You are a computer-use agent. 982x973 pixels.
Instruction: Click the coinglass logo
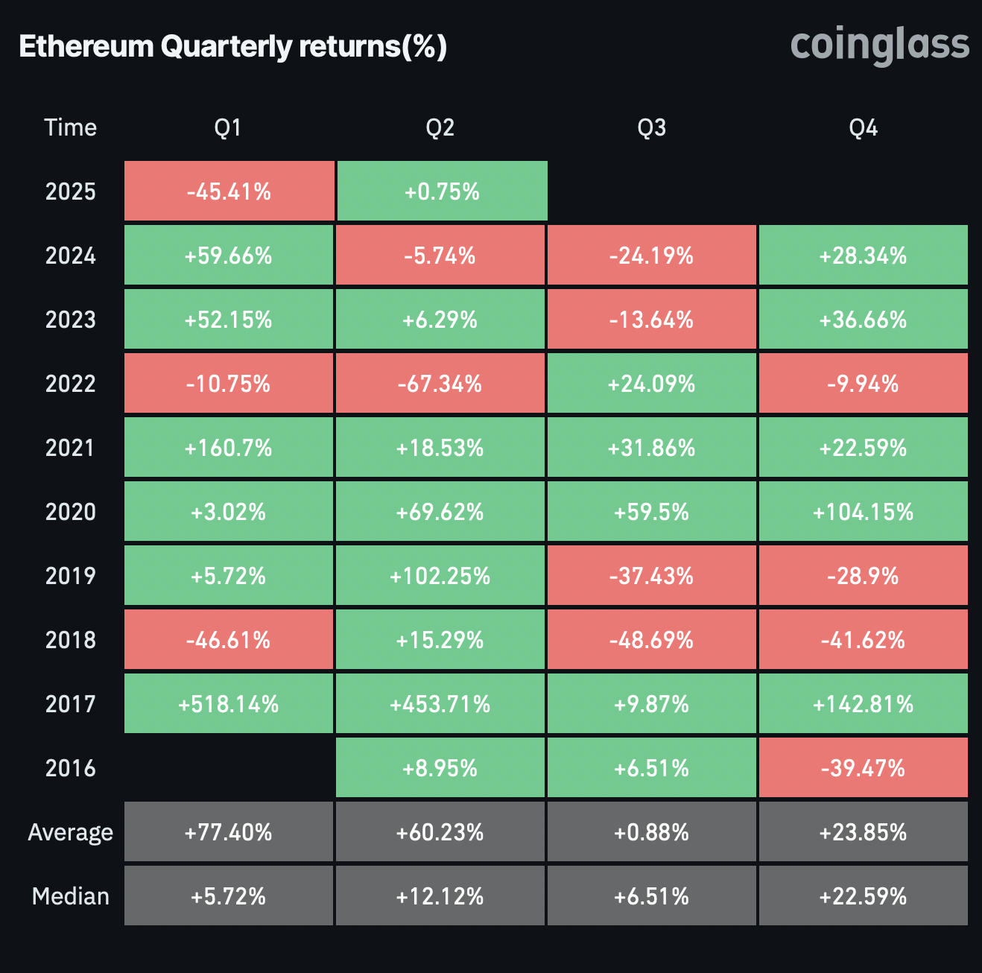click(879, 46)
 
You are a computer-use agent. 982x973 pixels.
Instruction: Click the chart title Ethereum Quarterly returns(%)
click(232, 46)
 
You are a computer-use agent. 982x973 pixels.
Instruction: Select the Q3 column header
click(651, 127)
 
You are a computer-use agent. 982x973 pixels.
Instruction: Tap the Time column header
click(70, 127)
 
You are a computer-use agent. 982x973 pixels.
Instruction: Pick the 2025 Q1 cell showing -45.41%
click(229, 191)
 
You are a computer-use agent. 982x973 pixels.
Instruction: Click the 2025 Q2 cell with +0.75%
click(442, 191)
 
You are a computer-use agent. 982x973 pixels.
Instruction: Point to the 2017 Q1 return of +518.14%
click(229, 704)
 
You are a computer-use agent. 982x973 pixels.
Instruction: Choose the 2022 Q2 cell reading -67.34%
click(440, 384)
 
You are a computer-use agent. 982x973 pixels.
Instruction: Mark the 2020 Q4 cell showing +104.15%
click(863, 512)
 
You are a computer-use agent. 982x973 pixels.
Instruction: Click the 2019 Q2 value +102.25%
click(440, 576)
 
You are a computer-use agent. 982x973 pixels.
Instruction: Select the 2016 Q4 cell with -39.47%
click(863, 768)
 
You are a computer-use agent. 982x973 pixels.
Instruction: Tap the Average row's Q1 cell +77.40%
click(229, 832)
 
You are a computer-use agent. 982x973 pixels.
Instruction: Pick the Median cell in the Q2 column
click(440, 896)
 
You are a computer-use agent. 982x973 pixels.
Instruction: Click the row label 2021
click(70, 448)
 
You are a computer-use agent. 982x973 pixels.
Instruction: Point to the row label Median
click(70, 896)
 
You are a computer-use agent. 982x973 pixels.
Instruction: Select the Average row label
click(70, 832)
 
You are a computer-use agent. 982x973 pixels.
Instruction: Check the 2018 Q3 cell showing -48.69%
click(651, 640)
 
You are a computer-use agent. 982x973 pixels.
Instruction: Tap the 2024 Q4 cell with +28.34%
click(863, 256)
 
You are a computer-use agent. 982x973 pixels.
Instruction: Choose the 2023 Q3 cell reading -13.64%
click(651, 320)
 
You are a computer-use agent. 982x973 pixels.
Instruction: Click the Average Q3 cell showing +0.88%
click(651, 832)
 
